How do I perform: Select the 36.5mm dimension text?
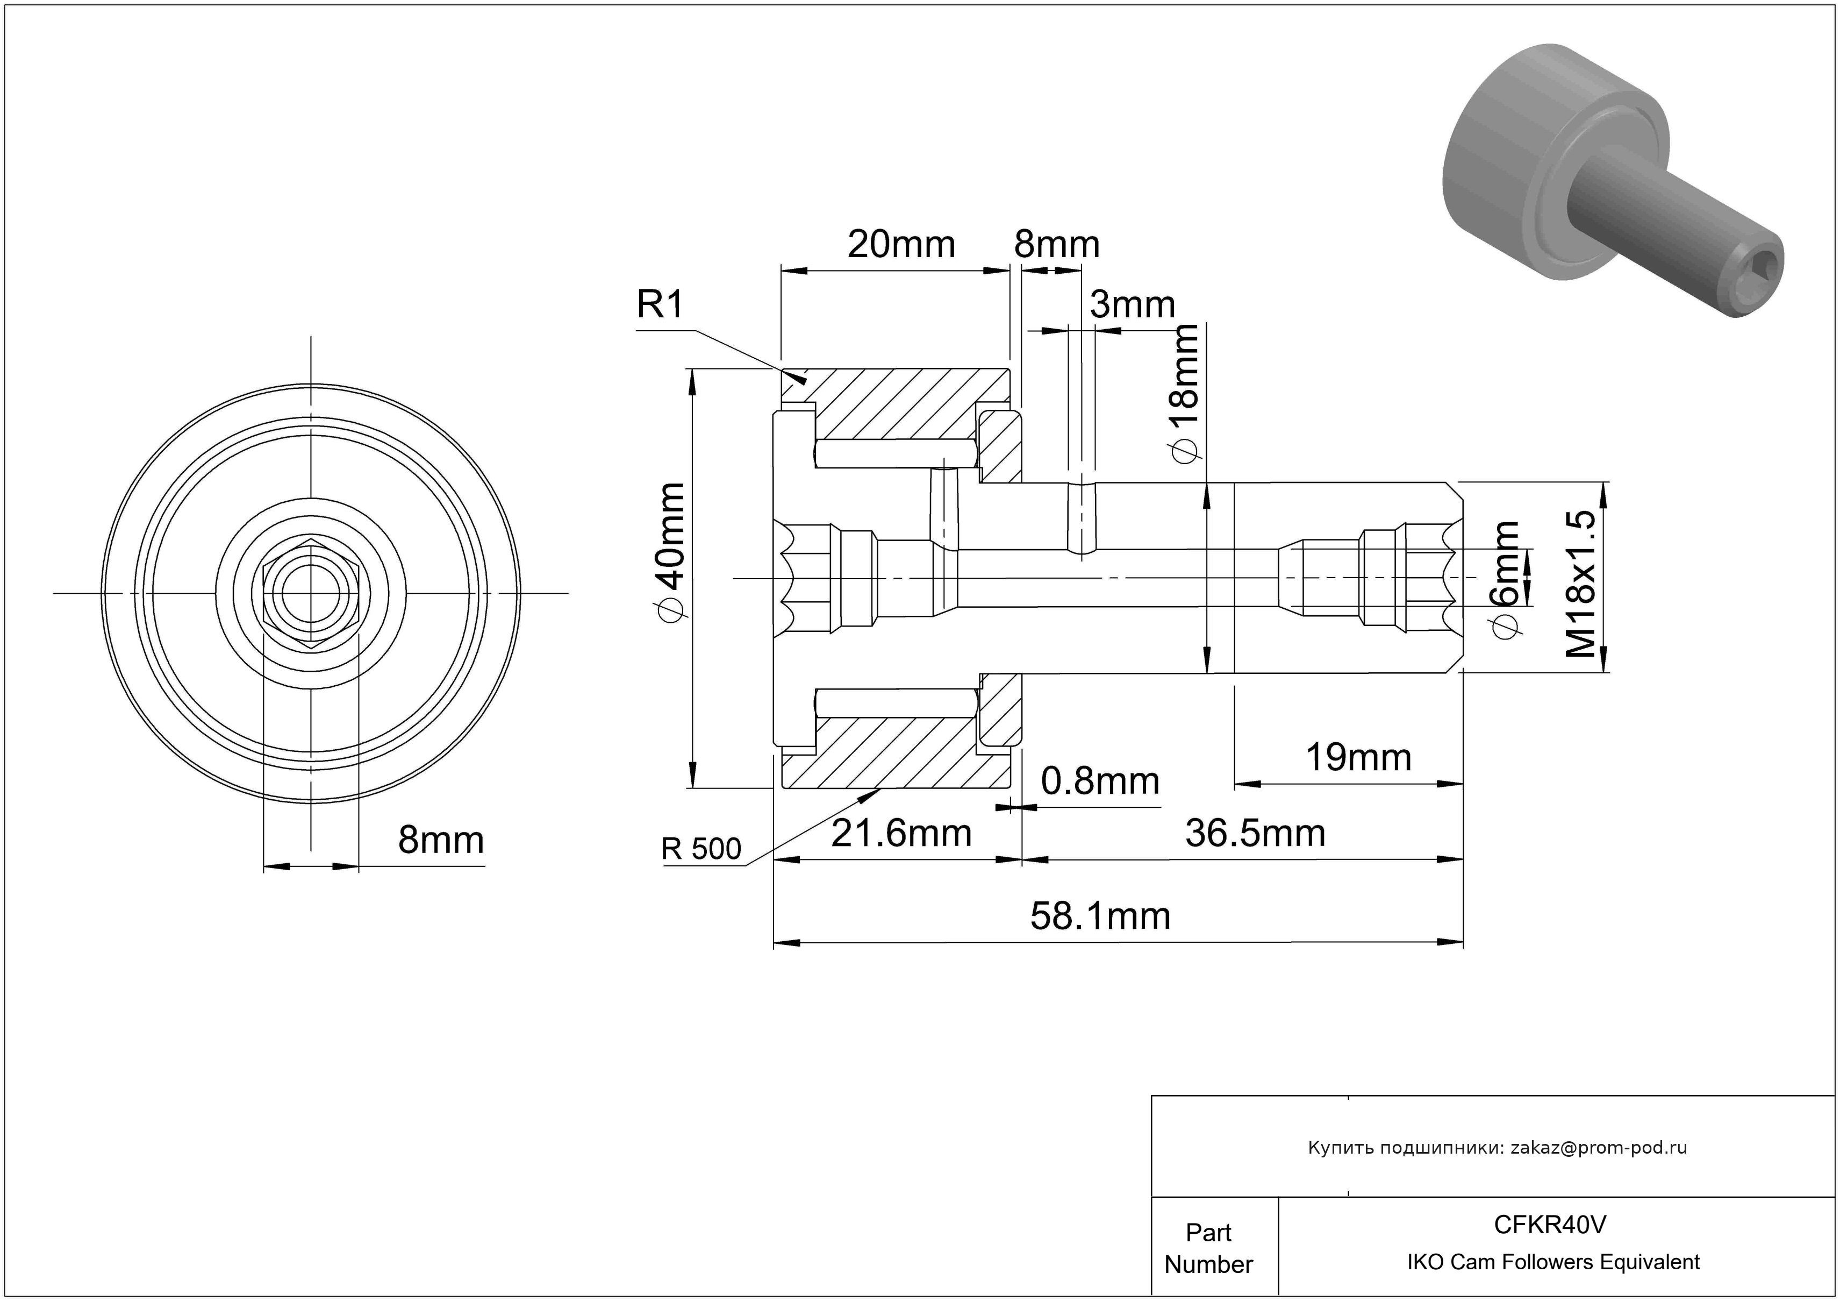click(x=1255, y=834)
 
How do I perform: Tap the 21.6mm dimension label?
click(x=901, y=834)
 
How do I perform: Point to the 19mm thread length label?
click(x=1358, y=757)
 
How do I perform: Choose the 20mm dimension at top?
click(x=901, y=245)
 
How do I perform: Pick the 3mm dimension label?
click(x=1133, y=304)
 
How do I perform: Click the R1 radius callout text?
click(x=660, y=305)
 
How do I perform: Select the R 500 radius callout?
click(x=701, y=849)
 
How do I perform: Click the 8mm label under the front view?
click(x=441, y=841)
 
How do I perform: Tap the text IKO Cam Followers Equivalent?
click(x=1553, y=1262)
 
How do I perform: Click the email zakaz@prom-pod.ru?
click(x=1598, y=1147)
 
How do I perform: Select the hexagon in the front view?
click(x=311, y=593)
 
